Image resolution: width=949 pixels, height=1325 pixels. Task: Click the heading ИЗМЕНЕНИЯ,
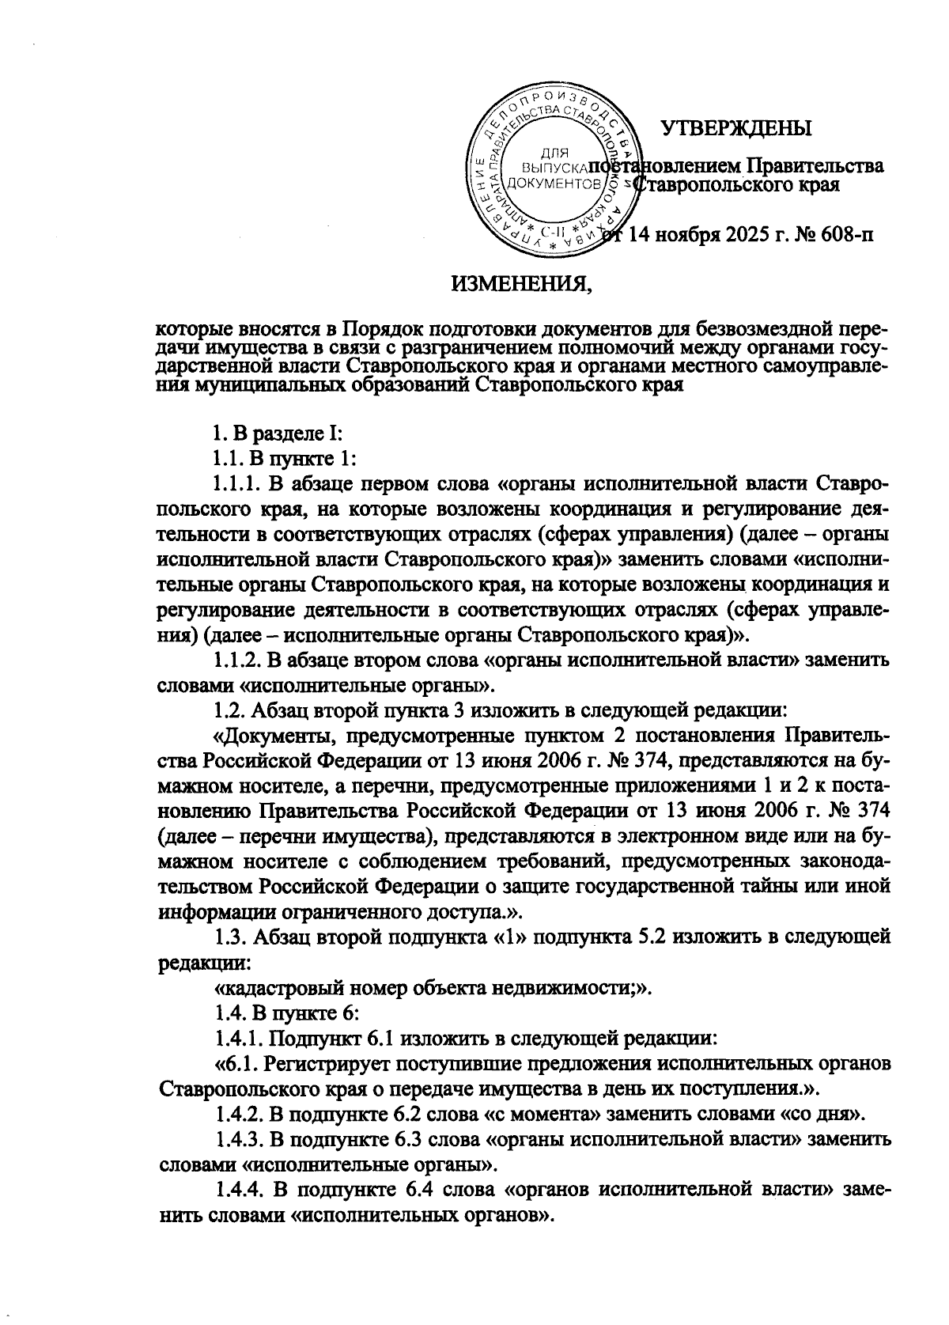(521, 282)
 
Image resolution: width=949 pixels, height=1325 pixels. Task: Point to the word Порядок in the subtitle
(373, 327)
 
